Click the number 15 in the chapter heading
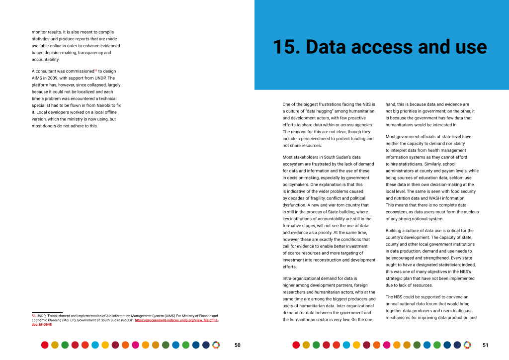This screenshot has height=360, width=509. coord(285,47)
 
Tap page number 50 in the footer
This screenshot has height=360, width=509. coord(237,345)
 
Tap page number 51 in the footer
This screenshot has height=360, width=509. coord(486,345)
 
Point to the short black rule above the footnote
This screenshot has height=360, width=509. coord(47,312)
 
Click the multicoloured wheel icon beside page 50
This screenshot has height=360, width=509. coord(216,345)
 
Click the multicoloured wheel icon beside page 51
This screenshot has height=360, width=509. coord(467,345)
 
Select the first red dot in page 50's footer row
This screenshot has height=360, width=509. coord(45,345)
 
